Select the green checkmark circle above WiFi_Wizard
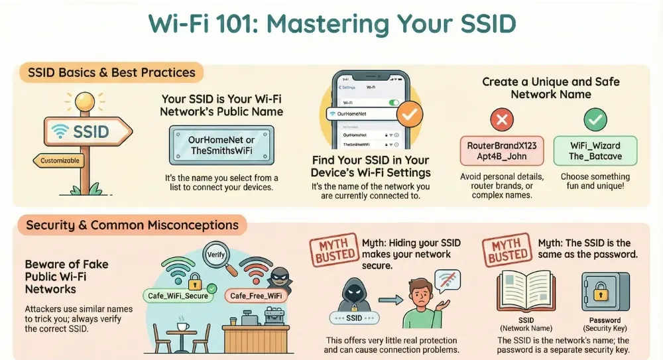(595, 120)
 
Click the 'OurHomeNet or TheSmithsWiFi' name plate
(221, 145)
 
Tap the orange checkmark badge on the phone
(411, 115)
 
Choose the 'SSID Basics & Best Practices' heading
(111, 72)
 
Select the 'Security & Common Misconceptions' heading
(133, 225)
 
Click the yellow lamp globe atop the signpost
(85, 101)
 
